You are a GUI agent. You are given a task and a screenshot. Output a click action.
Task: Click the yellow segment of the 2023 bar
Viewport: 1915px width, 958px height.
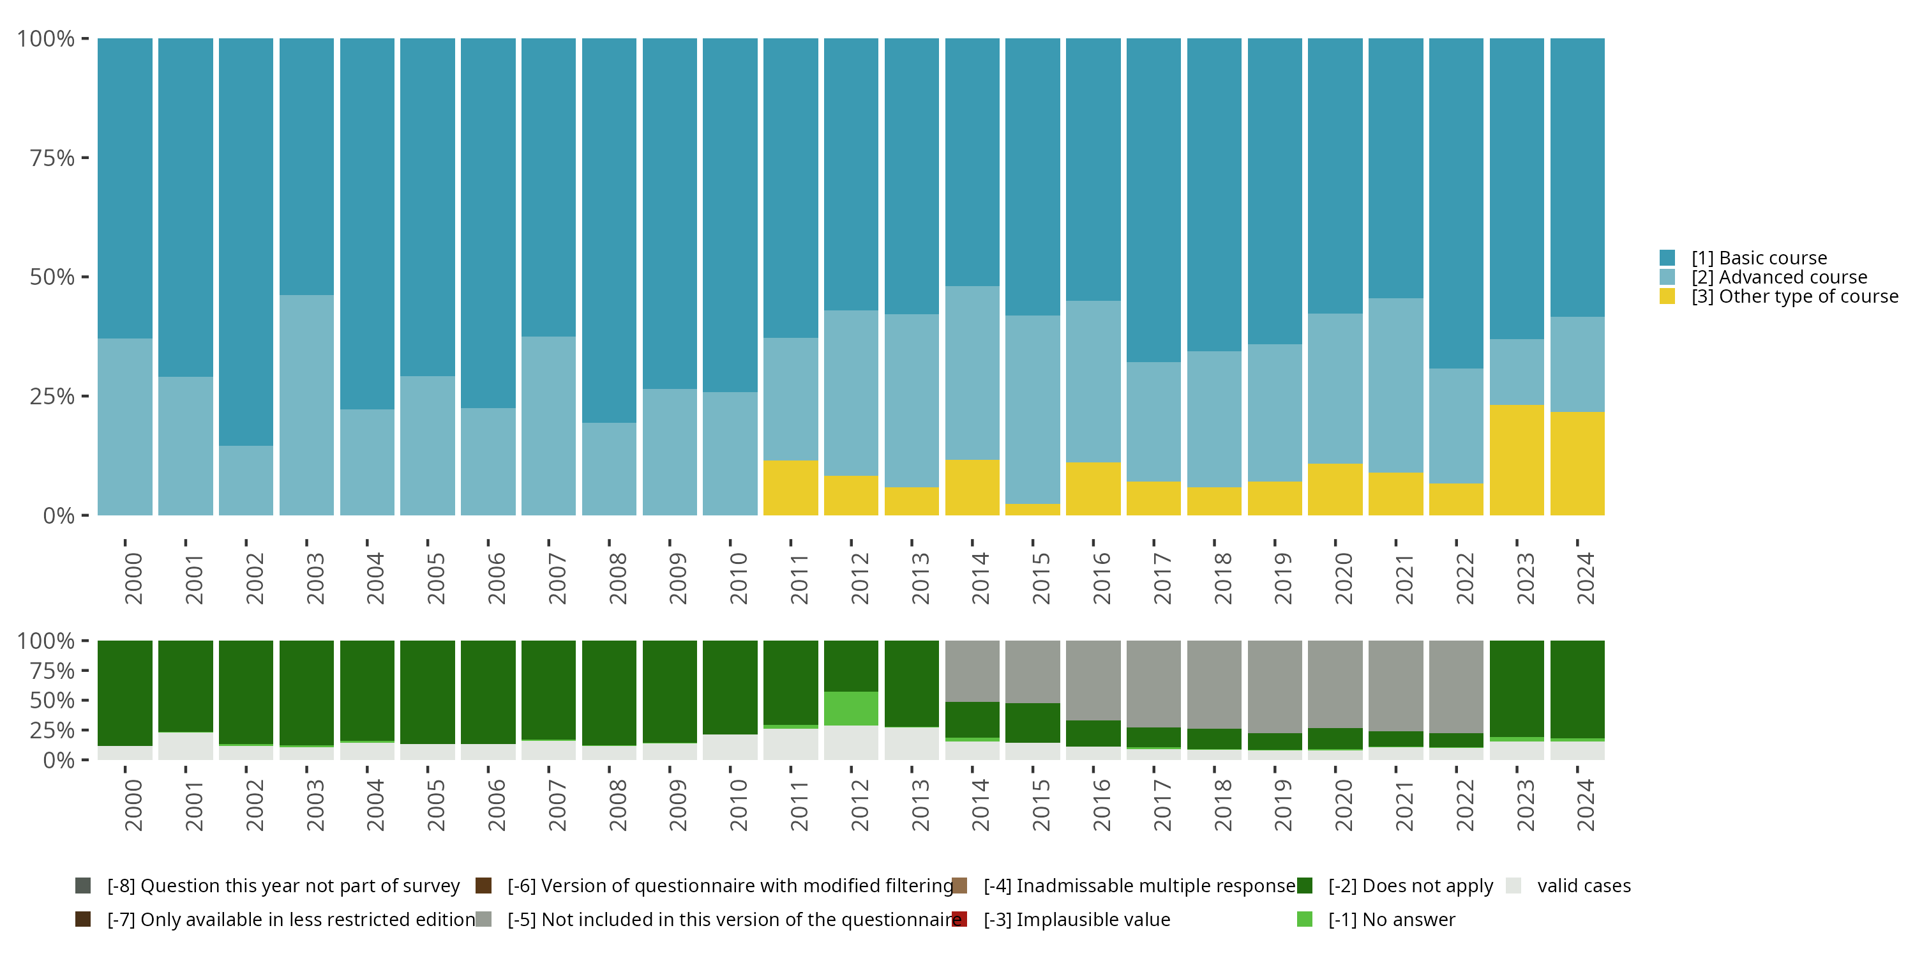pyautogui.click(x=1517, y=460)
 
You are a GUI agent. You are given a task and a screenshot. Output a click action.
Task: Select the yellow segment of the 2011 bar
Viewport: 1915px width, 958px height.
pyautogui.click(x=790, y=488)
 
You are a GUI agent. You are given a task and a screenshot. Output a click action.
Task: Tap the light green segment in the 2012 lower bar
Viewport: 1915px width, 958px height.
pyautogui.click(x=850, y=708)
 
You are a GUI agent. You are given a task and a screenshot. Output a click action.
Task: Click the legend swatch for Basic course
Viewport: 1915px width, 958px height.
pyautogui.click(x=1667, y=258)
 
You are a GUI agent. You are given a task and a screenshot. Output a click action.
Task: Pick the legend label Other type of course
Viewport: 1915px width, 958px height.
pyautogui.click(x=1794, y=297)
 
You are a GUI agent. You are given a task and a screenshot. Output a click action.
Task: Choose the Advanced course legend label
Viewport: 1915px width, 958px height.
pyautogui.click(x=1779, y=277)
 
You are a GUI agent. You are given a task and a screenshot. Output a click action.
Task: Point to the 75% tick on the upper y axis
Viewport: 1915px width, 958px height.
pyautogui.click(x=52, y=158)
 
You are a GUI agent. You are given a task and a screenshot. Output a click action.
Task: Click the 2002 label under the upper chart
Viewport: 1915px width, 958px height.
pyautogui.click(x=254, y=579)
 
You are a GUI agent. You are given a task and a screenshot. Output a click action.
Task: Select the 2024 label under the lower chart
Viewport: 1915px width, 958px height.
pyautogui.click(x=1585, y=805)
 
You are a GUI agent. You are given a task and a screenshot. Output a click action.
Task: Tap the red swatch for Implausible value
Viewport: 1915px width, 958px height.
pyautogui.click(x=959, y=919)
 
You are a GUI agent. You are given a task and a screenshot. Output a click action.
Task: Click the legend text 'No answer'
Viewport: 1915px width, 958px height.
pyautogui.click(x=1391, y=919)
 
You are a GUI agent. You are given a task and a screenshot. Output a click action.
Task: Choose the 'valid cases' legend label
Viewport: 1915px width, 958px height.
pyautogui.click(x=1584, y=886)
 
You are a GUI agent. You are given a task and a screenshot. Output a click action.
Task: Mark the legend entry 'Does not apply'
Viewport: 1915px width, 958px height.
pyautogui.click(x=1410, y=886)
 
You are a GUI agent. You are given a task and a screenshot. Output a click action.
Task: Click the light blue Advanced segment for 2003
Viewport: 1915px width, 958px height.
pyautogui.click(x=306, y=405)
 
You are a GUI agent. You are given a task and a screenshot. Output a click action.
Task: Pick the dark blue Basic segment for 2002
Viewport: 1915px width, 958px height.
pyautogui.click(x=245, y=241)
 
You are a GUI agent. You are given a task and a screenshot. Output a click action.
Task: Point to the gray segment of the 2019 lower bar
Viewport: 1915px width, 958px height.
pyautogui.click(x=1274, y=686)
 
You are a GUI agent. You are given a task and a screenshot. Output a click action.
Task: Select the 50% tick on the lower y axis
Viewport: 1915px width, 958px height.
pyautogui.click(x=52, y=700)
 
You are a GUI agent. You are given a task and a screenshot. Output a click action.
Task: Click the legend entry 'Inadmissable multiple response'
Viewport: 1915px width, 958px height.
pyautogui.click(x=1139, y=886)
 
